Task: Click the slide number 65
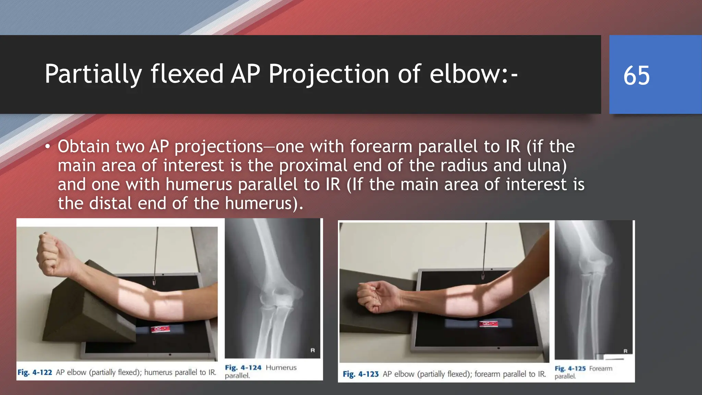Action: pyautogui.click(x=636, y=75)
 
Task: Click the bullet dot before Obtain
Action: pyautogui.click(x=48, y=147)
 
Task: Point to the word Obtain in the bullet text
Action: pyautogui.click(x=84, y=147)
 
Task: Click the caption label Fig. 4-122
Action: pyautogui.click(x=35, y=372)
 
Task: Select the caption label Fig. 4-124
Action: pyautogui.click(x=243, y=368)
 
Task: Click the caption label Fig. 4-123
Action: pyautogui.click(x=361, y=374)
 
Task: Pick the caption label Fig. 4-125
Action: pyautogui.click(x=570, y=369)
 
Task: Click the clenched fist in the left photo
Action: pyautogui.click(x=51, y=254)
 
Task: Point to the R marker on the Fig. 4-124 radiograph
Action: pyautogui.click(x=313, y=350)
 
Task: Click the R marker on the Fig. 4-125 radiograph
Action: pyautogui.click(x=625, y=351)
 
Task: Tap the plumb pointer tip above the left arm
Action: pyautogui.click(x=154, y=283)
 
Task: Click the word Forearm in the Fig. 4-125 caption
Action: pyautogui.click(x=601, y=369)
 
